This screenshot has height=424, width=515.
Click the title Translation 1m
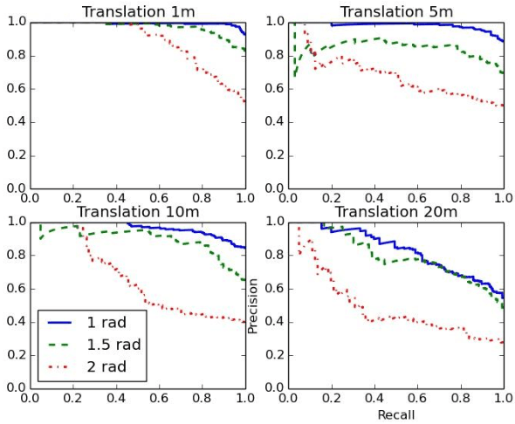[138, 11]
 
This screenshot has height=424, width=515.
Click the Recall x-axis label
[395, 414]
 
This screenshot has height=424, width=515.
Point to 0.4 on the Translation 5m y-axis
[274, 122]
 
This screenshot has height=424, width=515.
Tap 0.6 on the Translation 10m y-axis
[15, 289]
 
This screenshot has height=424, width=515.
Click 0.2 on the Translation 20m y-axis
[274, 355]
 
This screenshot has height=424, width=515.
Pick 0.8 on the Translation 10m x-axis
[203, 398]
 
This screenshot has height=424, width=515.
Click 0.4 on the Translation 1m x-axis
[116, 198]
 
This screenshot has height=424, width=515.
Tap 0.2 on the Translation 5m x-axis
[331, 198]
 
